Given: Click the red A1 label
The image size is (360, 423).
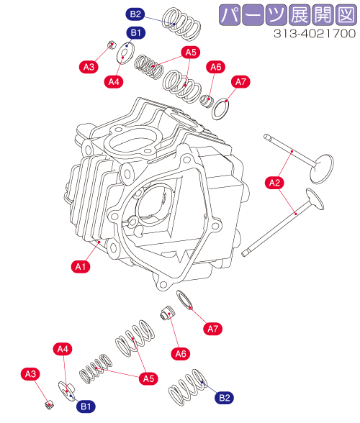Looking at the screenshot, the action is [81, 266].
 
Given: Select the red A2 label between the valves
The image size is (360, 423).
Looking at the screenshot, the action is [274, 183].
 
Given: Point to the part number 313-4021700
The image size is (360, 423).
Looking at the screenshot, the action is [315, 34].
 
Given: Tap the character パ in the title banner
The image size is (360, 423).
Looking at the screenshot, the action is [229, 15].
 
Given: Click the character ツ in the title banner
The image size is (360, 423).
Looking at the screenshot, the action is [276, 15].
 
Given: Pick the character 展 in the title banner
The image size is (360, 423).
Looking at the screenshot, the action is [300, 15].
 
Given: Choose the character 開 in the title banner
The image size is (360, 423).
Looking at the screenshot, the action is [323, 15].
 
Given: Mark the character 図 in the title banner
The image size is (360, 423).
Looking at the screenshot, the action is [346, 15].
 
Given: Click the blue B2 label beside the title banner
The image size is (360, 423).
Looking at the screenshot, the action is [135, 14].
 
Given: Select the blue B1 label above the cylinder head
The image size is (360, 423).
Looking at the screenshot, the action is [136, 33].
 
